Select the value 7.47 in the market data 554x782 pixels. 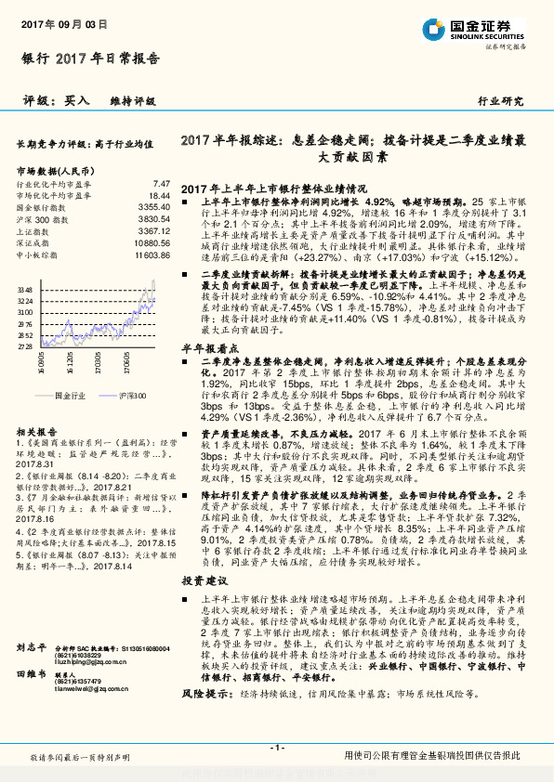(161, 184)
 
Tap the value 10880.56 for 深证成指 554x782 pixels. (152, 241)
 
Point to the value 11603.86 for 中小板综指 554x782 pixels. (152, 254)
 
